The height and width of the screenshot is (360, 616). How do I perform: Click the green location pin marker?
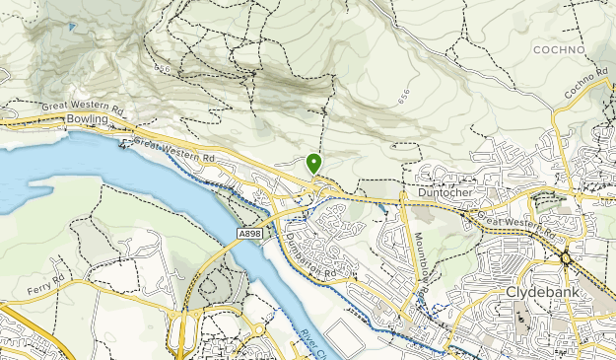coord(314,163)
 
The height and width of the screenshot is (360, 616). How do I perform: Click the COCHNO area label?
coord(559,48)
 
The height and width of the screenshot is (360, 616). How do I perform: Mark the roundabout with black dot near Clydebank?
coord(566,258)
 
